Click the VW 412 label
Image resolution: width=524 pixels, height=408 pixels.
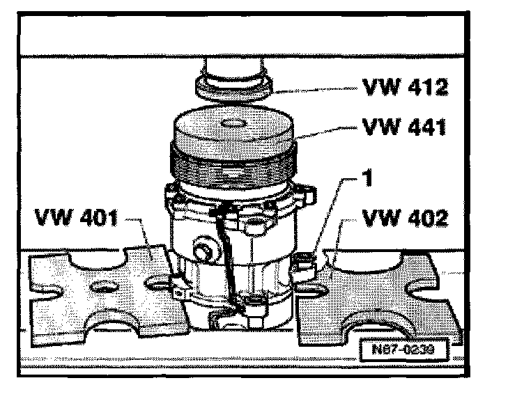click(x=405, y=88)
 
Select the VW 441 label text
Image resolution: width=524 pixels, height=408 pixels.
click(x=404, y=127)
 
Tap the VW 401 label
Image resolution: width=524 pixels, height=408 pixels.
click(x=77, y=217)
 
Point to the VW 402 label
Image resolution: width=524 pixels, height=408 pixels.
click(x=405, y=218)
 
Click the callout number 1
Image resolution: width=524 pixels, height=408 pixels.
click(x=368, y=178)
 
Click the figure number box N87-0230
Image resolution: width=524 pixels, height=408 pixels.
click(x=403, y=350)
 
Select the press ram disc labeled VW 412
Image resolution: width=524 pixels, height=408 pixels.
click(x=233, y=88)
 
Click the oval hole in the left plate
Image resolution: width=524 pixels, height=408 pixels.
click(x=104, y=285)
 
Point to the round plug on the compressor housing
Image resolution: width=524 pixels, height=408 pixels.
click(x=205, y=248)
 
